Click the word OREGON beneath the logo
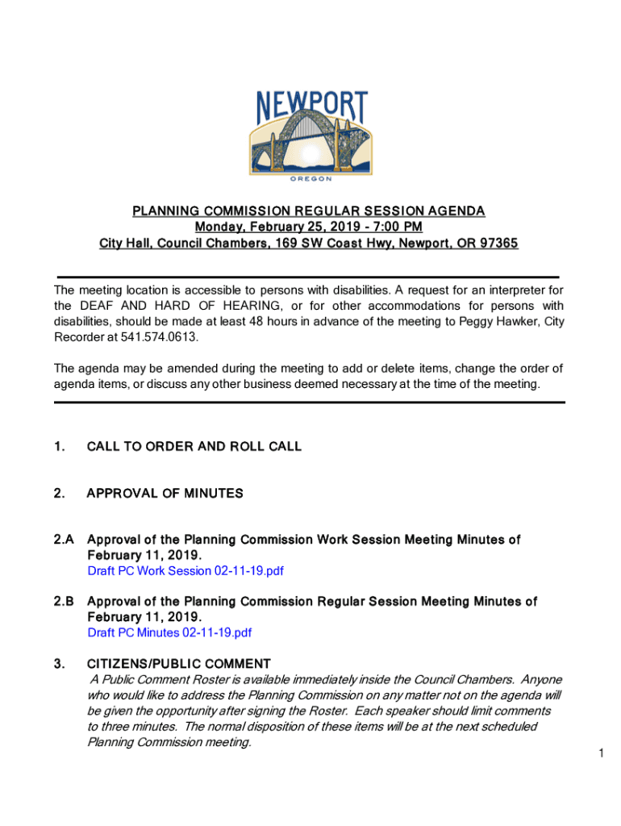(310, 180)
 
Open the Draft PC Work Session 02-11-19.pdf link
(185, 571)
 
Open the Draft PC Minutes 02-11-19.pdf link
(169, 632)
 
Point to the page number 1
(602, 753)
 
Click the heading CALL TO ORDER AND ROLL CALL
(194, 446)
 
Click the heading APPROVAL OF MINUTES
(165, 493)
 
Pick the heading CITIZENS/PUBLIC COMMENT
(179, 664)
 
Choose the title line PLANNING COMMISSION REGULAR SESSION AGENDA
(309, 211)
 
